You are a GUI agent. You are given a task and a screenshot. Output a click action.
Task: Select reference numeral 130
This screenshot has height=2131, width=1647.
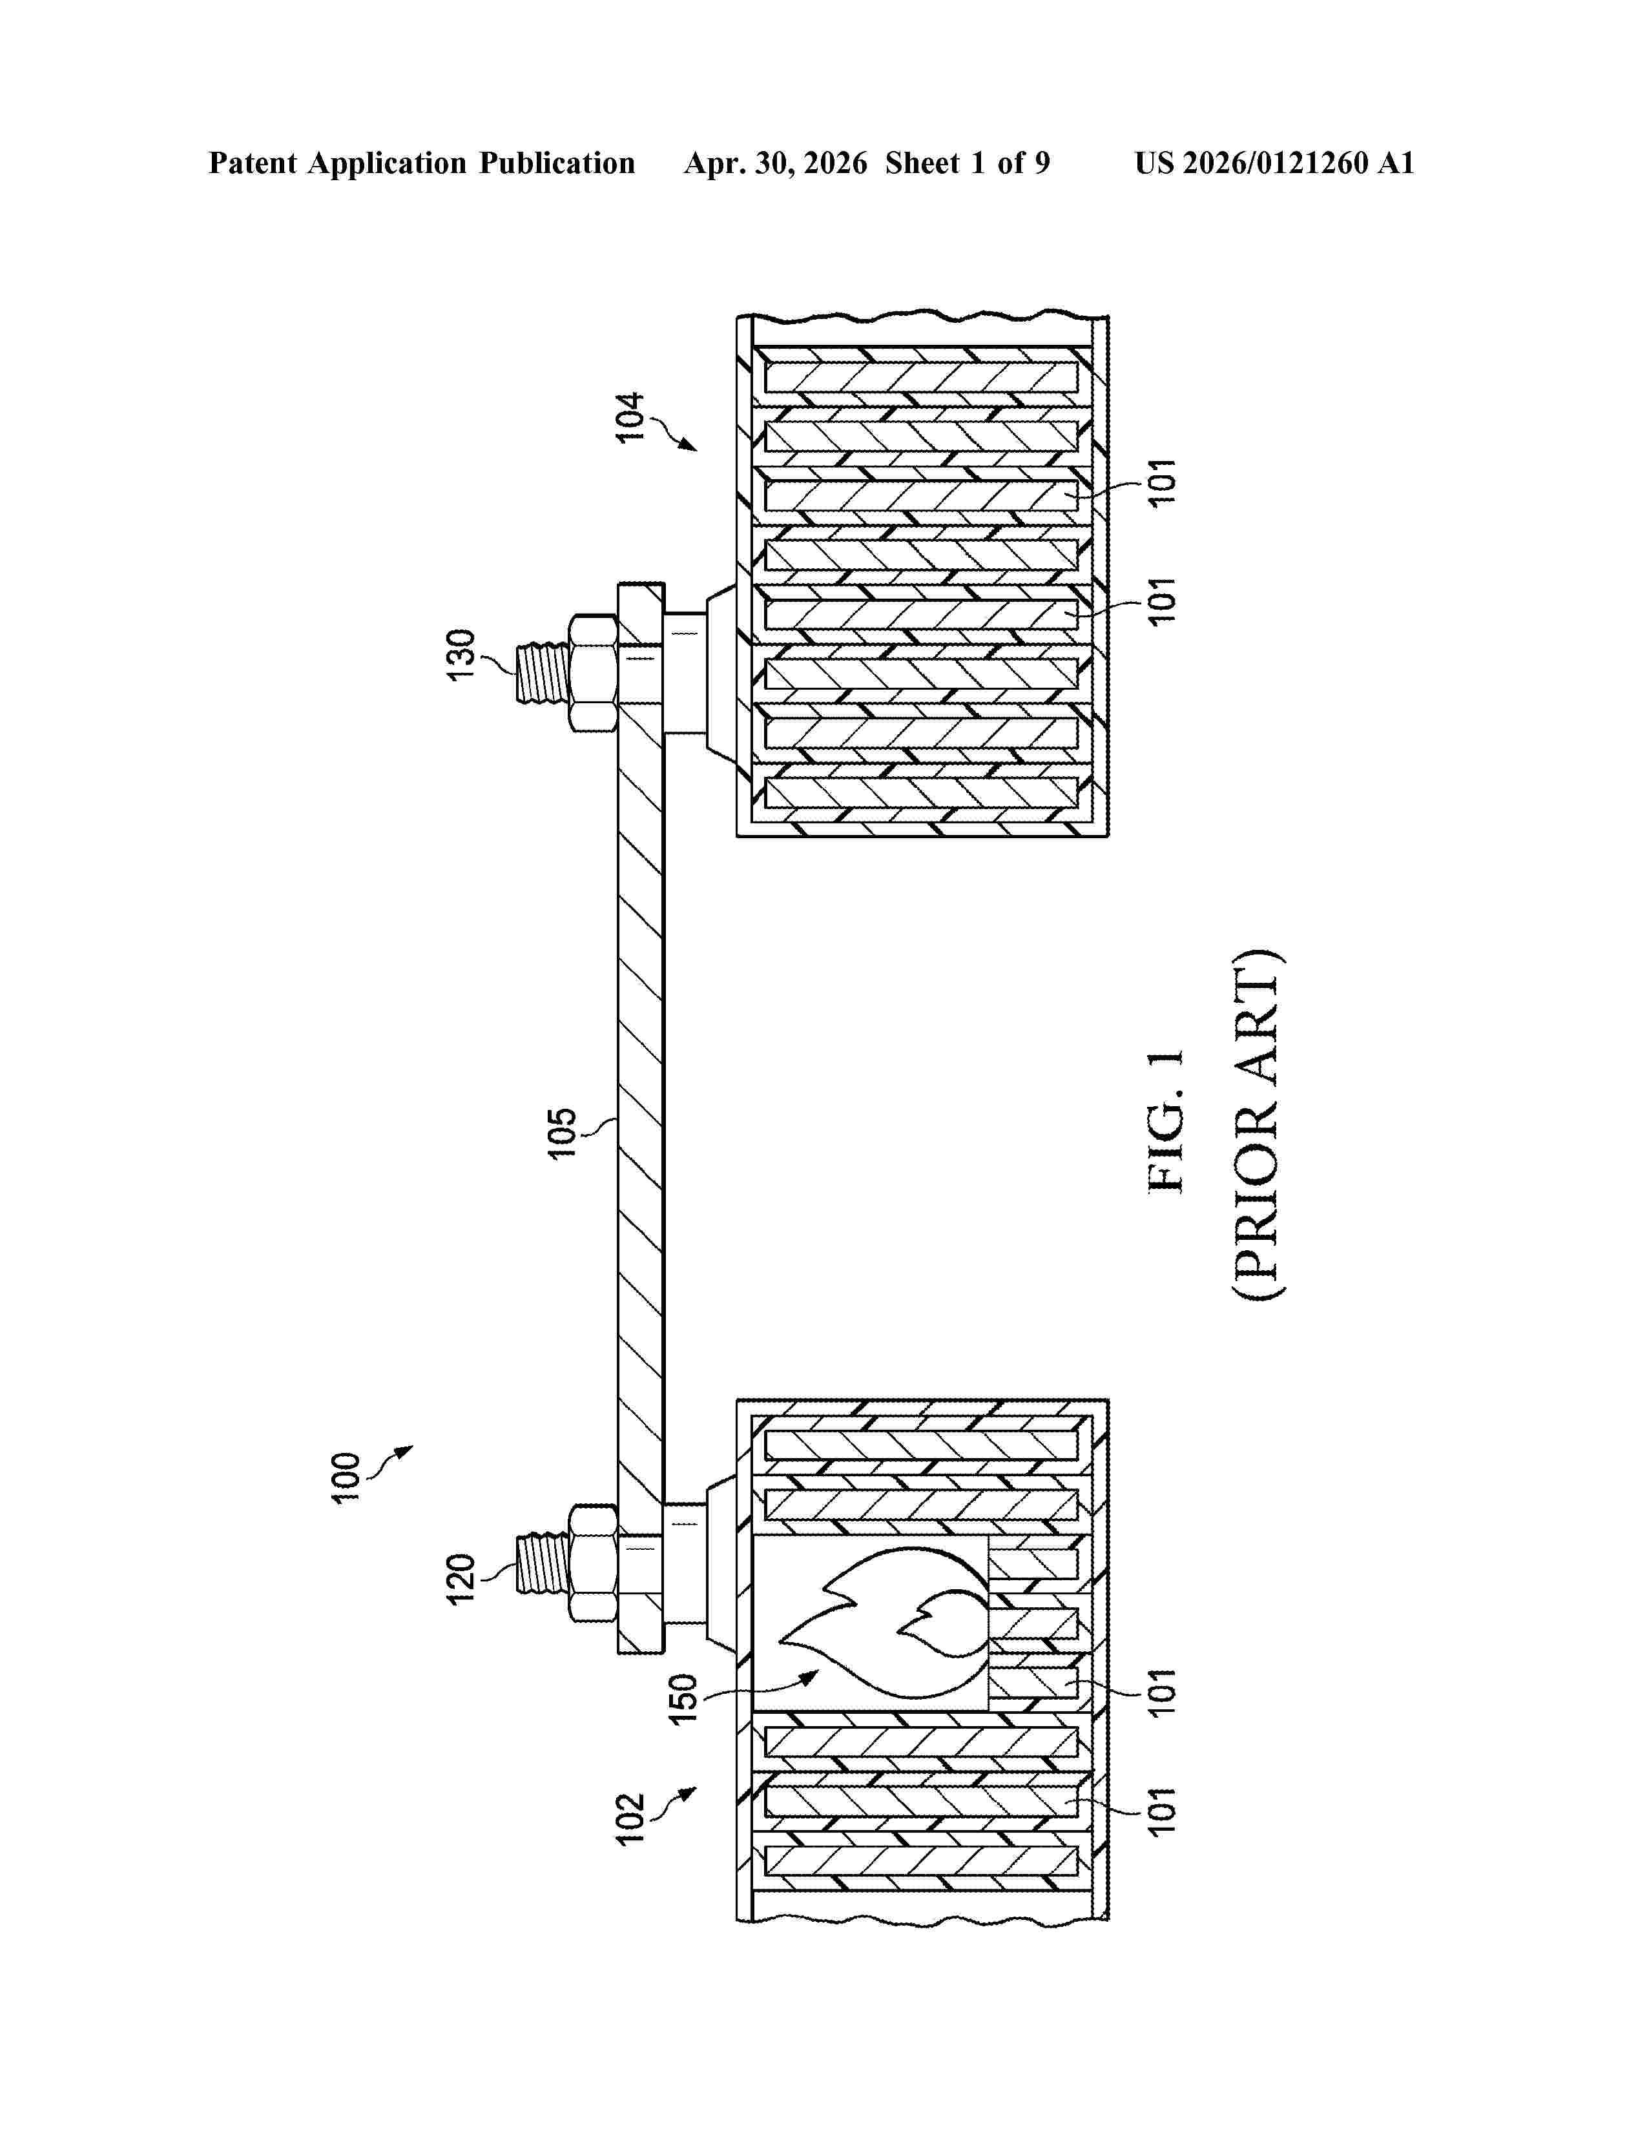[460, 655]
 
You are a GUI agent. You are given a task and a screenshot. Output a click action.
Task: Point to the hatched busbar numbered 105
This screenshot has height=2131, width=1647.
[641, 1118]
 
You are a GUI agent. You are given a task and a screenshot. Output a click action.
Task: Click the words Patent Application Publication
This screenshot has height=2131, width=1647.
[422, 163]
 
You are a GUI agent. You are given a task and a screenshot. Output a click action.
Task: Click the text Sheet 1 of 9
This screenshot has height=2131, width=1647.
[967, 163]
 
